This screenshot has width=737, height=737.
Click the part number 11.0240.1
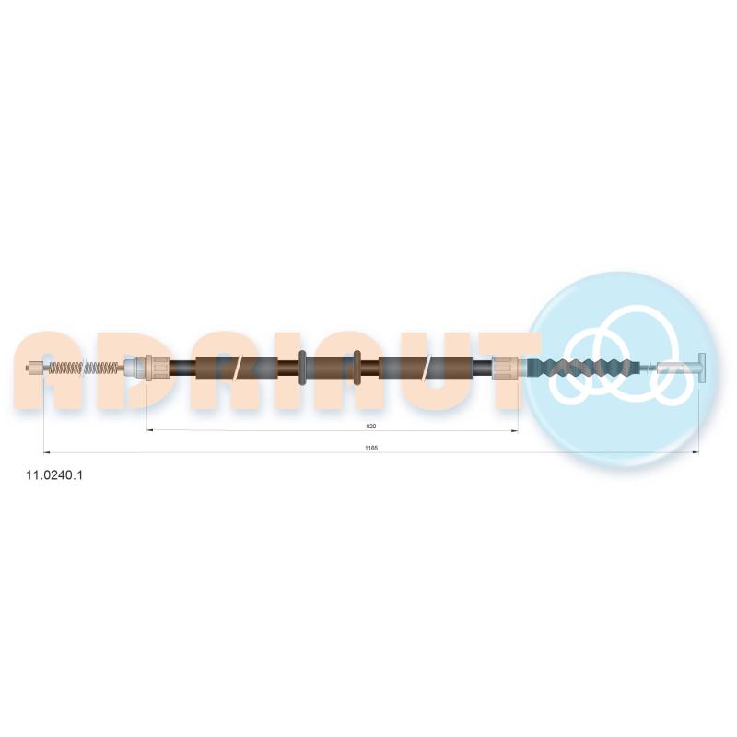pos(54,475)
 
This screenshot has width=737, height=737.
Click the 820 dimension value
pos(371,427)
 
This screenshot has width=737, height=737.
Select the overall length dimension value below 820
pos(371,448)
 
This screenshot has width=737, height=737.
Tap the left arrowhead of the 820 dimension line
pos(150,430)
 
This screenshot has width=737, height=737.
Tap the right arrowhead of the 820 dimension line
pos(515,430)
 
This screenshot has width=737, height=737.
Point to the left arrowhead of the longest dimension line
pos(47,452)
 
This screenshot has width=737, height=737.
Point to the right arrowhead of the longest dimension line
pos(696,452)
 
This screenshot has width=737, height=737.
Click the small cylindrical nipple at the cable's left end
pos(35,368)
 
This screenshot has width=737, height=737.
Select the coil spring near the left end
pos(80,368)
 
